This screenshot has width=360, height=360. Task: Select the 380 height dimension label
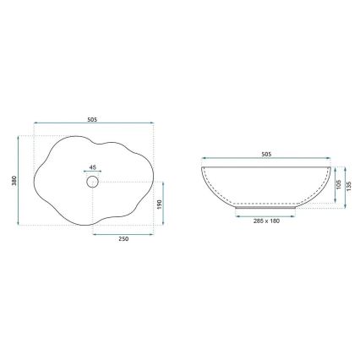coord(15,181)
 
